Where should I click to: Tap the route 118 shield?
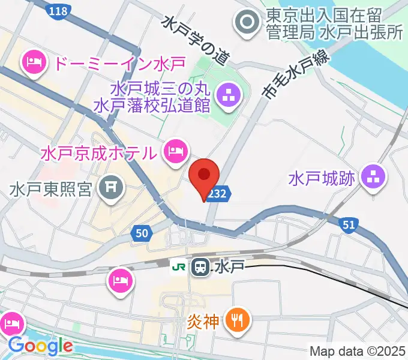59,10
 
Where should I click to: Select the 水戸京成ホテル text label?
98,153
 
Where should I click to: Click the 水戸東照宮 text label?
50,190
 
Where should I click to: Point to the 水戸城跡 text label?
323,178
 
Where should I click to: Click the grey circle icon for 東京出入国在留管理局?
247,24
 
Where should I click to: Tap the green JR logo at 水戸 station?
178,265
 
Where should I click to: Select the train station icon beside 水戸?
200,266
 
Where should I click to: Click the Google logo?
40,346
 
